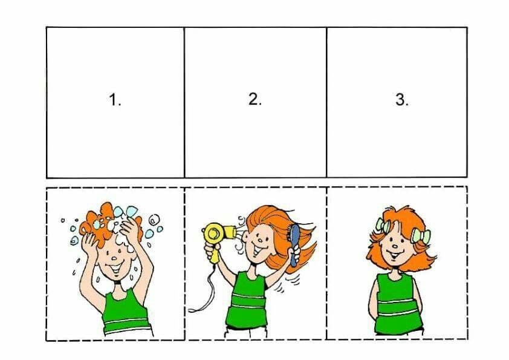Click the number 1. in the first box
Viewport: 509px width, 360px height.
point(115,99)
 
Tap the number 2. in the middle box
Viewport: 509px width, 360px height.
point(255,99)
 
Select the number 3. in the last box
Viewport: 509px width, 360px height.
point(402,99)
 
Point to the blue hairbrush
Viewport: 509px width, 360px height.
point(294,244)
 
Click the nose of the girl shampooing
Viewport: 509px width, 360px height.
point(114,258)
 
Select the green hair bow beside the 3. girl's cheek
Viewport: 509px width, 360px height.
point(421,236)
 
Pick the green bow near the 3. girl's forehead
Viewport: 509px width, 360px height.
point(383,226)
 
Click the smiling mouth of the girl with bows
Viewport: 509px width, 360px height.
point(396,254)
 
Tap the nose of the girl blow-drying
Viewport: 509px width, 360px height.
point(261,241)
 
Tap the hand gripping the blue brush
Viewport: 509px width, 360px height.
point(296,252)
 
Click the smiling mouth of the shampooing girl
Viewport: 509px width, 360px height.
point(115,268)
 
